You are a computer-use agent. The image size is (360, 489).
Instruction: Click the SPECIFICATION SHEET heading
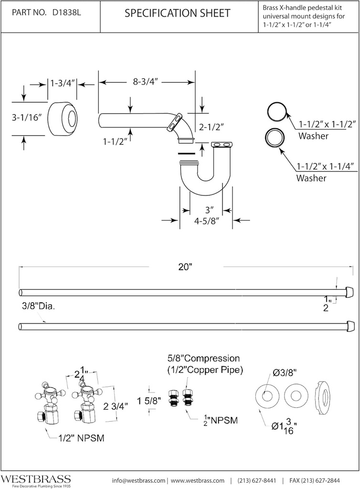177,13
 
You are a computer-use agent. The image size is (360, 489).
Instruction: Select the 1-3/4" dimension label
63,84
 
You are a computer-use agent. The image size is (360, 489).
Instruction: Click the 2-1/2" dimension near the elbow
212,127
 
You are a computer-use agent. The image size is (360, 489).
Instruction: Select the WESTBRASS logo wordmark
36,478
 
